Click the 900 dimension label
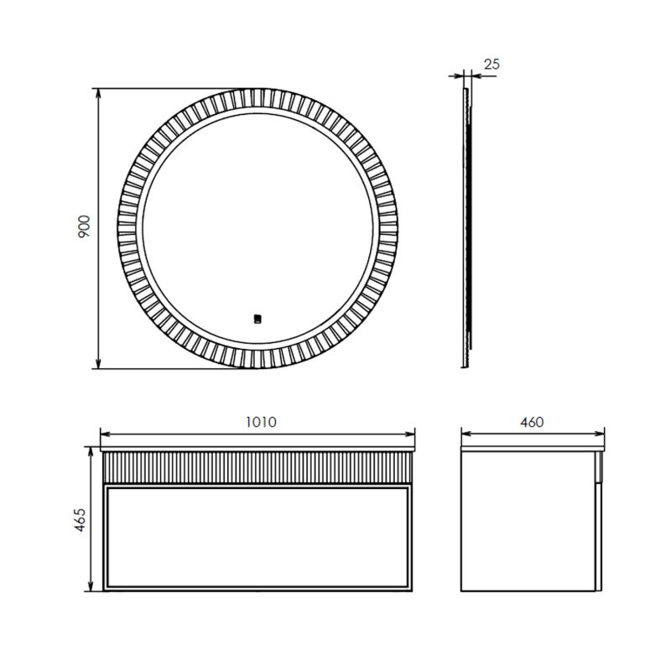pyautogui.click(x=84, y=227)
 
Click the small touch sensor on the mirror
pyautogui.click(x=258, y=318)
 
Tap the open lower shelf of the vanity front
pyautogui.click(x=258, y=537)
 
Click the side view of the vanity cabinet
pyautogui.click(x=530, y=520)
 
